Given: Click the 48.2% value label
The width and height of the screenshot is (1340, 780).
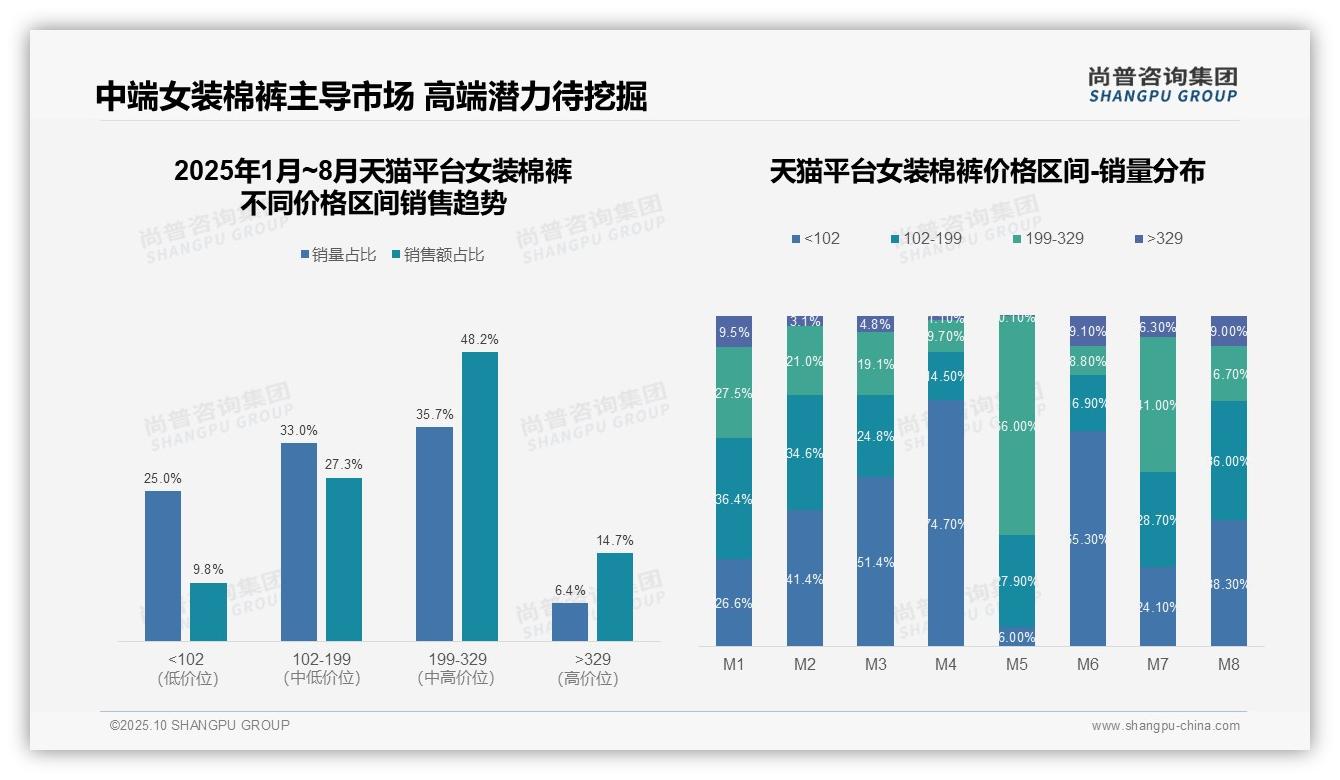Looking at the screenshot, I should pos(479,340).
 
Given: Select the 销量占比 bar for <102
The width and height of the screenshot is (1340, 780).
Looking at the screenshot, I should pos(163,566).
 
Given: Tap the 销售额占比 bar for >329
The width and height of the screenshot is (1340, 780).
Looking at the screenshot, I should pos(614,597).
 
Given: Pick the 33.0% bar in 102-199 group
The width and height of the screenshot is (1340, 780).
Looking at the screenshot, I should pos(299,542).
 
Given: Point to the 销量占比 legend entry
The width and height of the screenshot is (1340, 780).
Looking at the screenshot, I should pos(338,255).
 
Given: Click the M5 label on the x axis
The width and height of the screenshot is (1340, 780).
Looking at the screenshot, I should pos(1016,664).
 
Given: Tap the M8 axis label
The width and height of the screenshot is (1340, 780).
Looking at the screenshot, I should pos(1229,664).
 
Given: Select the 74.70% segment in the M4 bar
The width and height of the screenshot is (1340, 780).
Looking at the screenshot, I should pos(946,523).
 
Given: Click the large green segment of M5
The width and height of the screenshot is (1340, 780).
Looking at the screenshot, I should pos(1017,426).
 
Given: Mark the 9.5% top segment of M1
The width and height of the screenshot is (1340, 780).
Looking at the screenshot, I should pos(734,332).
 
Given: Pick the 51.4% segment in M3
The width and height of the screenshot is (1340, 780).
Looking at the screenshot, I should pos(875,561).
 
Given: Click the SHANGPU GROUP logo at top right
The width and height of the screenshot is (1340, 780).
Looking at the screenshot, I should pos(1162,85).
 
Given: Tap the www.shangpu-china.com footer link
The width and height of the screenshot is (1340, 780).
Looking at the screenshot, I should pos(1165,726).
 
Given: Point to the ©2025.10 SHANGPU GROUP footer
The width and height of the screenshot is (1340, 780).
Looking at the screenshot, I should pos(200,725).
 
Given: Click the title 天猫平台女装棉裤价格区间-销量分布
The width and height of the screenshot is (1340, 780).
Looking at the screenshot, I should pos(987,171).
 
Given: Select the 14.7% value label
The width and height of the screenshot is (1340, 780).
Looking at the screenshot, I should pos(615,541).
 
